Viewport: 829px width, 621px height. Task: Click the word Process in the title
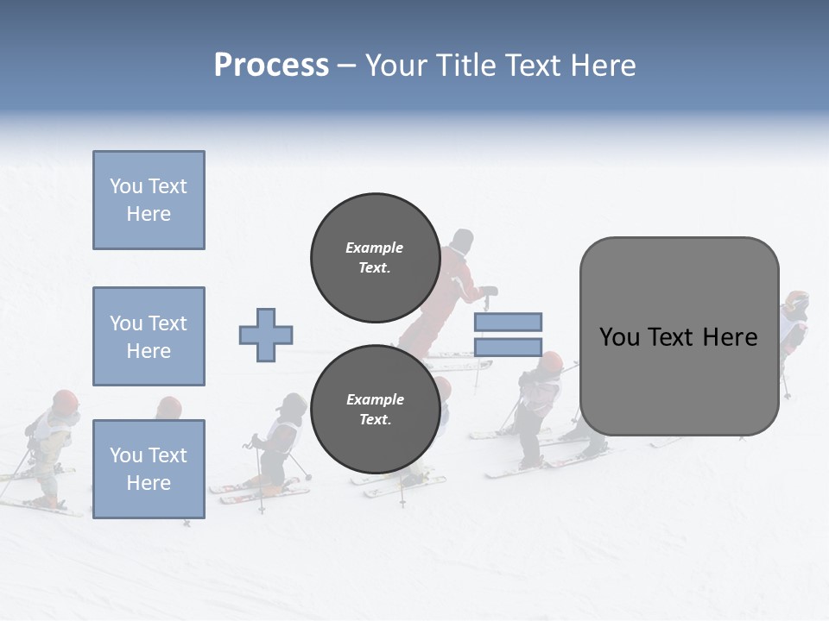271,66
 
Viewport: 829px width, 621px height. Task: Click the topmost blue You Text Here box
149,200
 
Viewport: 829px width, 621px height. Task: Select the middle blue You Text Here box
149,336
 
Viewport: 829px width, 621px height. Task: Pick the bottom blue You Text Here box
149,469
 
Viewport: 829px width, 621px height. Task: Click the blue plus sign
266,335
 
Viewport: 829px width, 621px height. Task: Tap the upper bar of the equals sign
508,322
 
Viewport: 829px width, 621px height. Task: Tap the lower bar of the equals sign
508,348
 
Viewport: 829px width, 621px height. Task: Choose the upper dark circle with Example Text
375,257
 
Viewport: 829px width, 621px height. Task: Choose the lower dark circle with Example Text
375,409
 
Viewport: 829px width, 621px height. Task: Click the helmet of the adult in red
463,240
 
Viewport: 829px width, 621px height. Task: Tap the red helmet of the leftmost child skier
65,400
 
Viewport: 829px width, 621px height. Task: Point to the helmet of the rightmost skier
796,301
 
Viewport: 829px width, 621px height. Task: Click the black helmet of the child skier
294,403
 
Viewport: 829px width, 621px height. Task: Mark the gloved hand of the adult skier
489,292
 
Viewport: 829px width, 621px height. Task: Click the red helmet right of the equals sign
550,361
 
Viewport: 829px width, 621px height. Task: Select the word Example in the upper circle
375,248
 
